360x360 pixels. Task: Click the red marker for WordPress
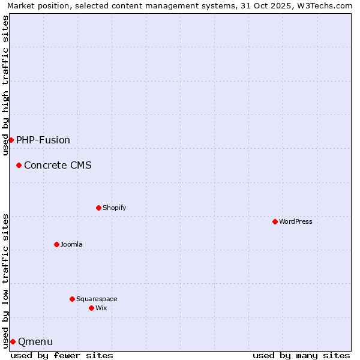(x=275, y=221)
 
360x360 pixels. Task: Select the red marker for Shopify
(x=98, y=208)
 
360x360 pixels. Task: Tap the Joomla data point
(x=56, y=244)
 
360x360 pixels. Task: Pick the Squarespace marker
(x=72, y=299)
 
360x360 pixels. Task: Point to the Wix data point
(x=91, y=308)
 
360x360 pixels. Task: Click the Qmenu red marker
(x=13, y=341)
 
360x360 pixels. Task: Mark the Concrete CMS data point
(x=19, y=165)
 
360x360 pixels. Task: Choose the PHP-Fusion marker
(x=11, y=140)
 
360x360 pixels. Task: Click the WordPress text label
(x=296, y=221)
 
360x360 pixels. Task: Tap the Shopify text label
(x=114, y=208)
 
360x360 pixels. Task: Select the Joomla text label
(x=71, y=244)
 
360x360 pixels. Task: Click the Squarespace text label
(x=97, y=299)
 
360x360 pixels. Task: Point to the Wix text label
(x=101, y=308)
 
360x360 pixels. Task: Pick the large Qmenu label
(x=35, y=342)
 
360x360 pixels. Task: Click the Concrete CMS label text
(x=58, y=165)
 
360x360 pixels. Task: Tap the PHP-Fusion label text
(x=43, y=140)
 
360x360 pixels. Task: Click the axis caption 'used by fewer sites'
(x=62, y=355)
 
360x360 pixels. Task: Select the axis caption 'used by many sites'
(x=301, y=355)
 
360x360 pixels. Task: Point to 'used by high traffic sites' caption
(x=5, y=85)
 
